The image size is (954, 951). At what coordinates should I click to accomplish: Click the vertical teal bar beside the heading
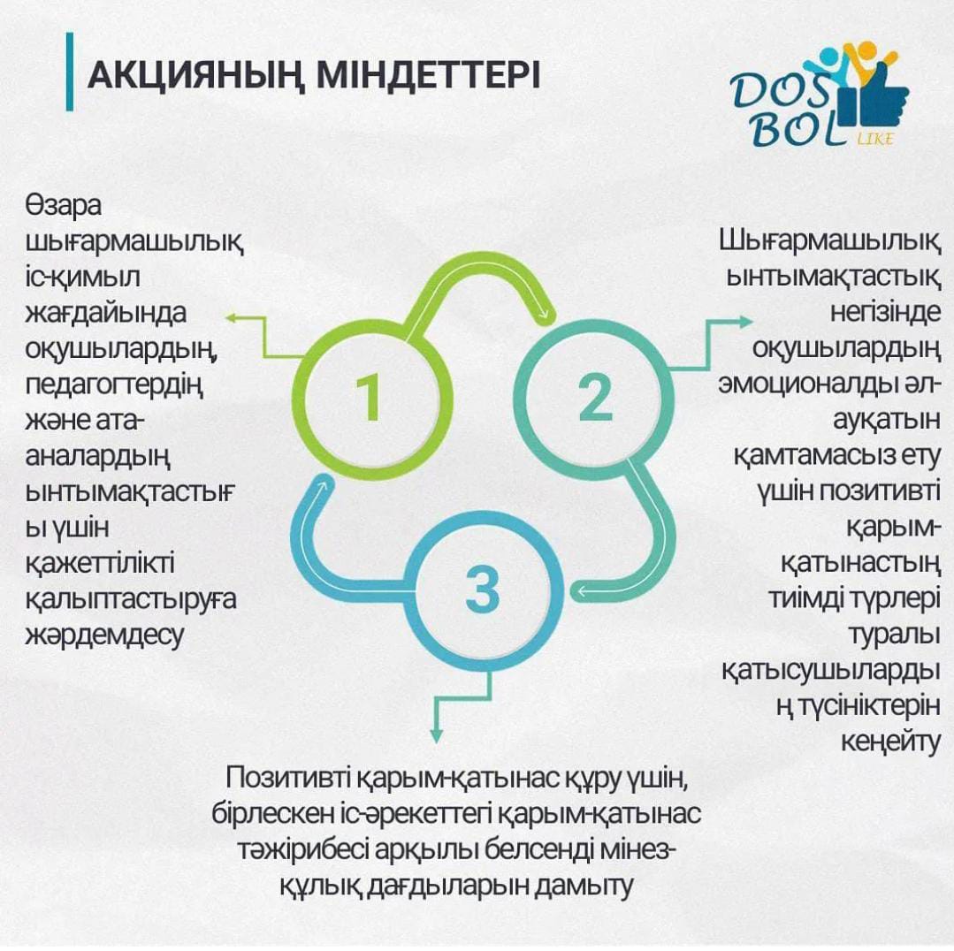70,72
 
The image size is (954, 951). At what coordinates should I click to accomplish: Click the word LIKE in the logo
875,139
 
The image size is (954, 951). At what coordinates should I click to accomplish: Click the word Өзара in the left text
64,206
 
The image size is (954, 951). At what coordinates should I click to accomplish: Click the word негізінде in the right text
885,313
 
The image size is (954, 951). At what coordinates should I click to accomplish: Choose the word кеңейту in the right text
890,742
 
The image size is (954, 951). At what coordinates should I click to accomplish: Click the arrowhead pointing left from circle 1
231,316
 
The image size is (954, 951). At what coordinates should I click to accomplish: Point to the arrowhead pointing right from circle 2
746,322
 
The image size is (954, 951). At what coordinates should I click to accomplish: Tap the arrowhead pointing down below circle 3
436,735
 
